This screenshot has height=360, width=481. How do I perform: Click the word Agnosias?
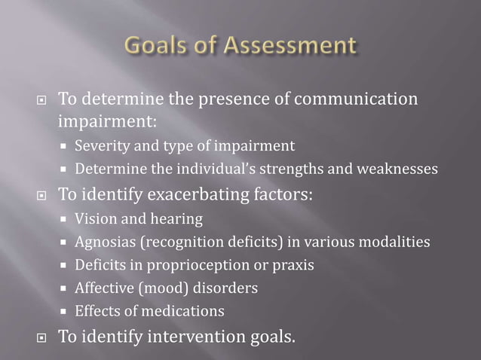pyautogui.click(x=104, y=243)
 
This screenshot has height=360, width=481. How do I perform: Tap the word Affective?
pyautogui.click(x=104, y=288)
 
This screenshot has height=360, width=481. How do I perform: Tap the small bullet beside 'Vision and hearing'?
pyautogui.click(x=65, y=220)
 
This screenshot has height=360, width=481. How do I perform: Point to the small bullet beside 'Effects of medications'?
pyautogui.click(x=65, y=311)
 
